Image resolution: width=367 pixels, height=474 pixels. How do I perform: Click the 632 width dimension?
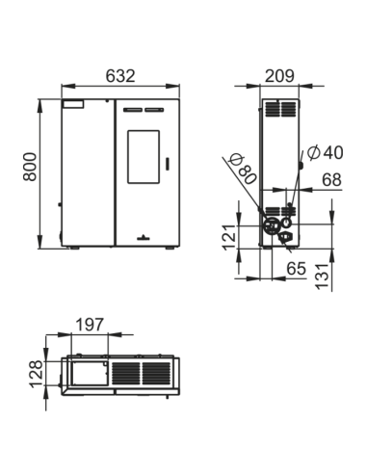[120, 76]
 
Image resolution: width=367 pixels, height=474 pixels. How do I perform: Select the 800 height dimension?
[30, 167]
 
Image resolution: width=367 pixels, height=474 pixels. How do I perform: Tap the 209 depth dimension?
[279, 76]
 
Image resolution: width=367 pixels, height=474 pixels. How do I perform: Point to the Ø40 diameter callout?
[326, 152]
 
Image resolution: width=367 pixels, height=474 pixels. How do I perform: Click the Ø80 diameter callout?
[244, 169]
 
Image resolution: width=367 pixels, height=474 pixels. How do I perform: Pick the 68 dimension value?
[331, 180]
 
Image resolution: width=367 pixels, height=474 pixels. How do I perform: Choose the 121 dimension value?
[229, 238]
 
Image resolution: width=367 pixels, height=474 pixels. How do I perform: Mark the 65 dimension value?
[296, 269]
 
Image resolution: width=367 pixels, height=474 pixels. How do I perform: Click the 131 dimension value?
[323, 276]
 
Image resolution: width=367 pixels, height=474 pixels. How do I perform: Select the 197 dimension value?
[90, 325]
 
